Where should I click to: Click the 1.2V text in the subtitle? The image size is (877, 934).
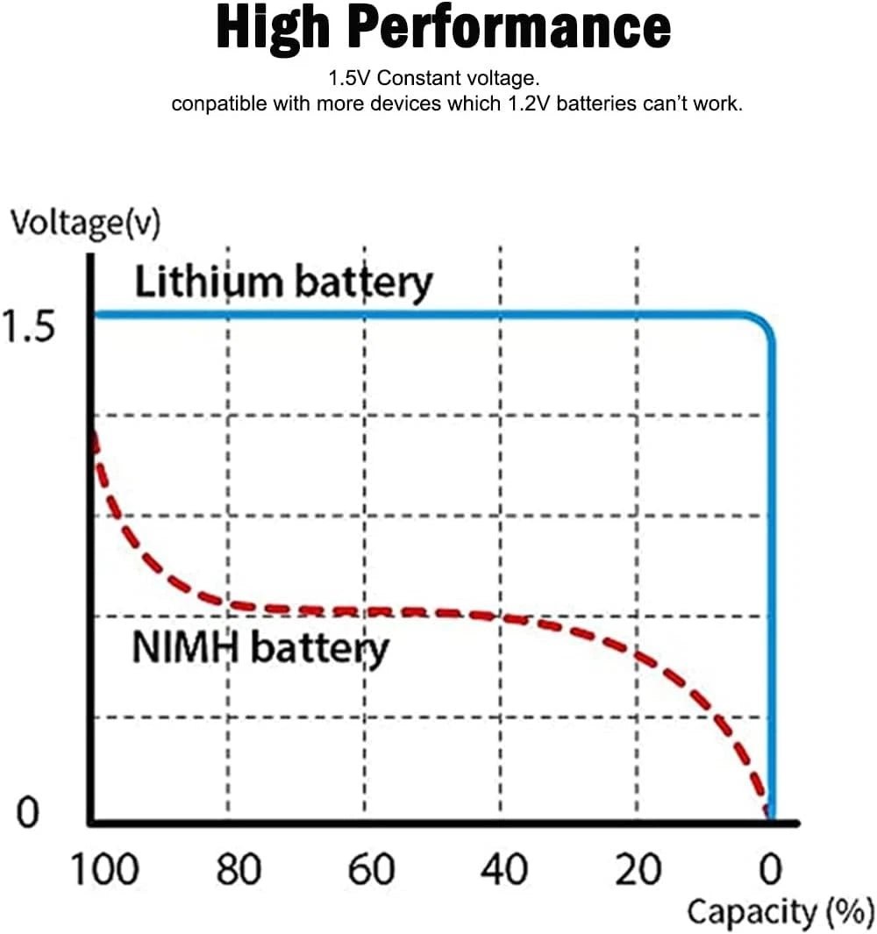(534, 104)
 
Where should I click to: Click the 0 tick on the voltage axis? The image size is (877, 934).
(28, 813)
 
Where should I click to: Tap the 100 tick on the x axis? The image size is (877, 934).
(103, 871)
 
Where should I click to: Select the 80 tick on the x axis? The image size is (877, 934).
(238, 871)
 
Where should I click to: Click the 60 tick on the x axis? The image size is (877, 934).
(372, 871)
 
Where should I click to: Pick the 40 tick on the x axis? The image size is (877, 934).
(504, 871)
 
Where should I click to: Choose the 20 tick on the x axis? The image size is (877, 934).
(638, 871)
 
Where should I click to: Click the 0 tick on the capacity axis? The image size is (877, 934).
(770, 871)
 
